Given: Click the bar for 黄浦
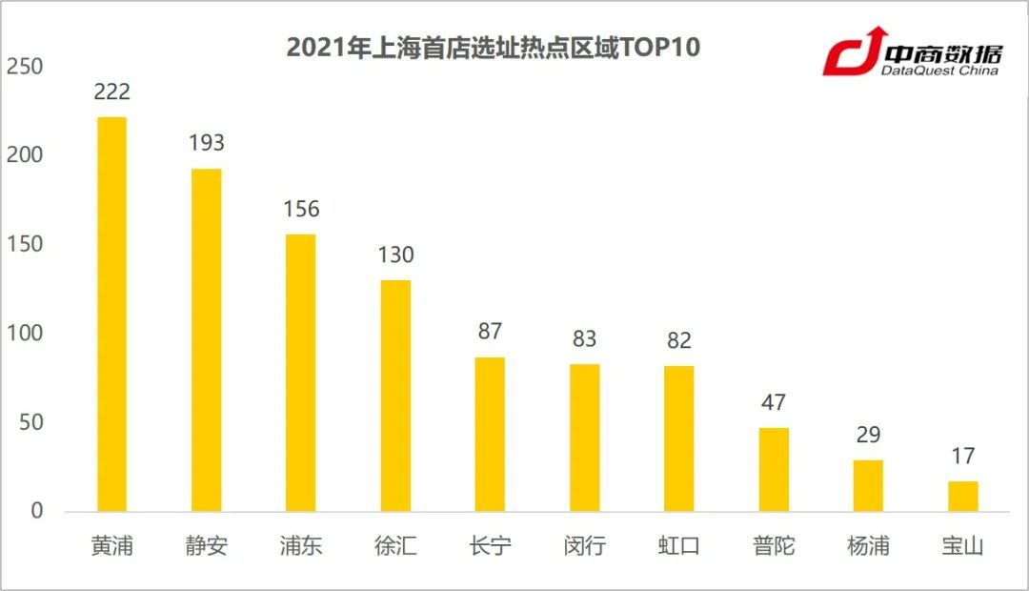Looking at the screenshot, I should tap(111, 314).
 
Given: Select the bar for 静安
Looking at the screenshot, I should tap(206, 339).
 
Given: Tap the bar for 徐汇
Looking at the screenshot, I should tap(395, 396).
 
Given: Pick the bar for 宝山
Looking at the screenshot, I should tap(962, 496).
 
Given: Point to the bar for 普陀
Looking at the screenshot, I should tap(774, 469).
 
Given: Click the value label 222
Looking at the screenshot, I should tap(111, 92).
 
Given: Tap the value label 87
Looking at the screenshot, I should tap(490, 332).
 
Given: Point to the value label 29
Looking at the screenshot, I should tap(868, 436).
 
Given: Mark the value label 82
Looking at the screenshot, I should tap(679, 340).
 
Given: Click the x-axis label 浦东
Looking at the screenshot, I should tap(301, 546).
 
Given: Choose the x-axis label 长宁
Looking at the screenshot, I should tap(490, 546).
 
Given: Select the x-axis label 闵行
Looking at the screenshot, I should tap(584, 546).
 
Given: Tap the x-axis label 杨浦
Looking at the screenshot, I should tap(868, 546).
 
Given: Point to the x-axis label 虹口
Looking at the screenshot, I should tap(679, 546).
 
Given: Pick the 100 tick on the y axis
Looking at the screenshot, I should tap(24, 334).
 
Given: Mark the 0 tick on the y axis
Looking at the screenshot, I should tap(36, 511).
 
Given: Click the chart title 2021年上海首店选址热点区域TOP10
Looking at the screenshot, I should tap(494, 48).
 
